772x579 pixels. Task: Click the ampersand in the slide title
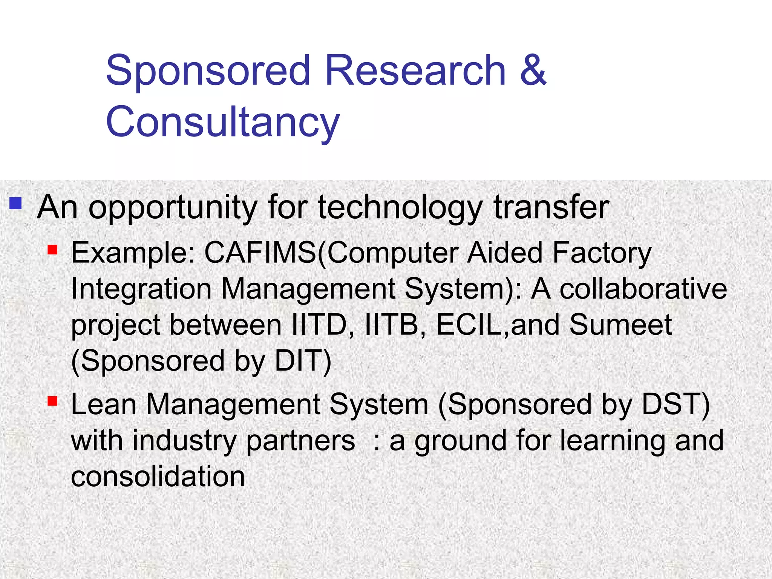[533, 70]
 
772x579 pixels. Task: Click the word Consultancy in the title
[223, 122]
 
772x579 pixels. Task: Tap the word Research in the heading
[415, 70]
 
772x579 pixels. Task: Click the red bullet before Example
[52, 250]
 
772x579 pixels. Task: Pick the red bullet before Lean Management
[52, 401]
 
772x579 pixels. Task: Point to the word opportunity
[173, 208]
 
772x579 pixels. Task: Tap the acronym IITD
[319, 325]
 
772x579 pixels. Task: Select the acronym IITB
[392, 325]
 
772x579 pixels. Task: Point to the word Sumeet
[620, 325]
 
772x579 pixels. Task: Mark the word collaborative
[643, 289]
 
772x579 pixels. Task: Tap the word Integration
[141, 290]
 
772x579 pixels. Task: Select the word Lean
[104, 404]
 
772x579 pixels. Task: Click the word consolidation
[158, 476]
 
